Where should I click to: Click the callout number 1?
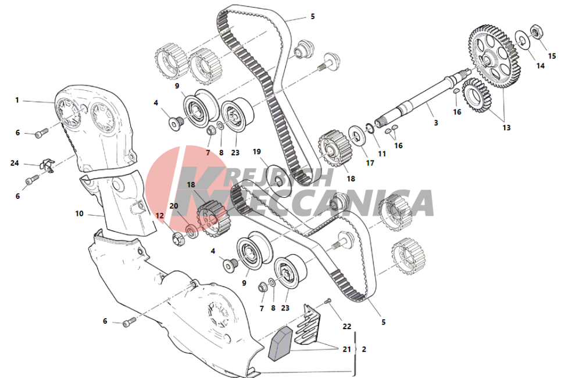tap(17, 100)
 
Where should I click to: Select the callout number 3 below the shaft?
tap(436, 123)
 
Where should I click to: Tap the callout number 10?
tap(80, 213)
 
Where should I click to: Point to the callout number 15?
tap(552, 56)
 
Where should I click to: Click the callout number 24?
tap(15, 163)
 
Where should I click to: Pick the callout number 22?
tap(346, 326)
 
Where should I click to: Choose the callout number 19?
tap(256, 152)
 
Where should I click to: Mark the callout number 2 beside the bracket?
tap(364, 349)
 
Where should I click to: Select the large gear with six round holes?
tap(494, 56)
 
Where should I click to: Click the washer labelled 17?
tap(357, 135)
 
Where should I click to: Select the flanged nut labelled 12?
tap(178, 238)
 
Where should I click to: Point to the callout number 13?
tap(506, 127)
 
